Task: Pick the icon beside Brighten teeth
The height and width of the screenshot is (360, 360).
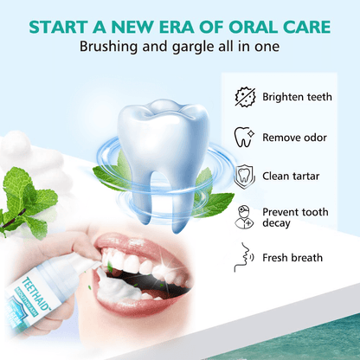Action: [x=245, y=97]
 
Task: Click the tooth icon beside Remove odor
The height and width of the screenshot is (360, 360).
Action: [x=244, y=136]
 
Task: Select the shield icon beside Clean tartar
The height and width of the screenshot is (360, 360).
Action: [x=244, y=176]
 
